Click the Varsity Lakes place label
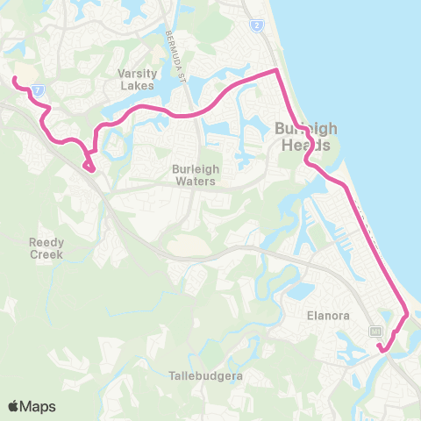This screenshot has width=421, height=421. (137, 80)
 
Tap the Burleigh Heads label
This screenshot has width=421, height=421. (303, 137)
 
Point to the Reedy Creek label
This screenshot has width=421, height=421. (46, 247)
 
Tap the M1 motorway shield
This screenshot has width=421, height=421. (375, 331)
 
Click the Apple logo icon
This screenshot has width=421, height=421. (14, 406)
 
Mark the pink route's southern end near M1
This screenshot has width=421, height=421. (381, 348)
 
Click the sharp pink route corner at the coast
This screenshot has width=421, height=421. (277, 69)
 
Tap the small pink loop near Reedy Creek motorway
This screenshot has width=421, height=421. (88, 164)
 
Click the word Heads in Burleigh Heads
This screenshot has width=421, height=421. (303, 146)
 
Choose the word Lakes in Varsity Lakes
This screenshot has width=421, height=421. (138, 86)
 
